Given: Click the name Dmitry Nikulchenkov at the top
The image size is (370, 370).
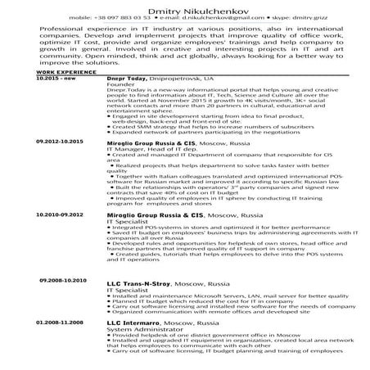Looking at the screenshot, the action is click(x=184, y=7).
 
